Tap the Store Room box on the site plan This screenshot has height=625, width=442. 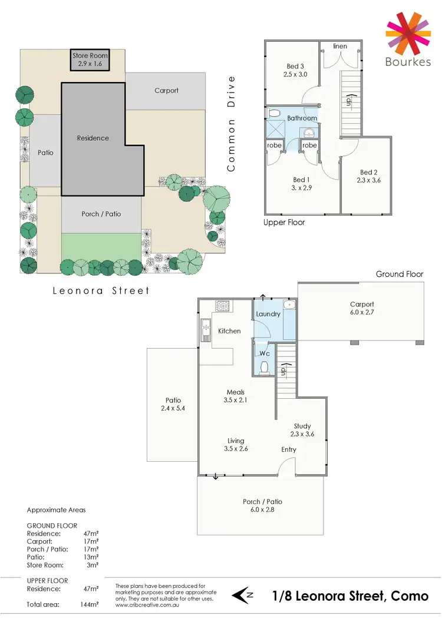(x=90, y=59)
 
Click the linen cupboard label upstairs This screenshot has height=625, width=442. (x=339, y=46)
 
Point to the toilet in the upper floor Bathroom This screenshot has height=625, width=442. (x=273, y=113)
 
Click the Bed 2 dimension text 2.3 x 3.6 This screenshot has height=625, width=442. (x=368, y=180)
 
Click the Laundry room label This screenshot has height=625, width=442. (x=268, y=314)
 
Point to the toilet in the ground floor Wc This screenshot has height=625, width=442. (x=265, y=368)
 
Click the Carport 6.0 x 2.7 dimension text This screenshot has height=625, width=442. (x=362, y=313)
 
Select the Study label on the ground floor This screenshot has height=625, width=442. (x=302, y=426)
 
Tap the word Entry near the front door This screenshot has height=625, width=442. (x=288, y=449)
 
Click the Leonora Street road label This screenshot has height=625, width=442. (x=101, y=290)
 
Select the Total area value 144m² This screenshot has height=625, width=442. (x=90, y=604)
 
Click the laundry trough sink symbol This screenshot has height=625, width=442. (x=289, y=305)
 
